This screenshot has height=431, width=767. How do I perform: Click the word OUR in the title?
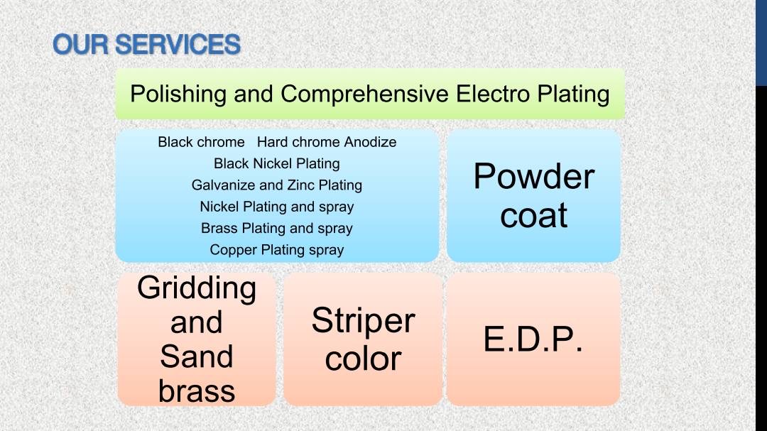(x=81, y=45)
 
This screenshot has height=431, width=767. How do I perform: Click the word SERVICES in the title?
(x=178, y=45)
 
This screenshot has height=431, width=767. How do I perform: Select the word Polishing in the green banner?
(x=178, y=94)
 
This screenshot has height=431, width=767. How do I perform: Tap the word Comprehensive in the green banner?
(x=364, y=94)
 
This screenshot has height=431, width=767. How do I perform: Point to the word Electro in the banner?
(x=493, y=94)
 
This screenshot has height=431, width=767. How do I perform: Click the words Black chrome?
(x=201, y=142)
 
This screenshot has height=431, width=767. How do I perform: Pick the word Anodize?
(x=370, y=142)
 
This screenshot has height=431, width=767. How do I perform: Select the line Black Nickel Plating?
(x=277, y=163)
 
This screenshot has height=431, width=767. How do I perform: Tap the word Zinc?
(x=301, y=185)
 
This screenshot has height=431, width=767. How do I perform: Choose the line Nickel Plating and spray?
(x=277, y=207)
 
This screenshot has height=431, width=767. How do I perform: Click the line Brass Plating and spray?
(x=277, y=228)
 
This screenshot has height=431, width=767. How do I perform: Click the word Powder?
(x=533, y=176)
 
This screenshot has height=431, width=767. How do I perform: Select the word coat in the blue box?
(x=533, y=215)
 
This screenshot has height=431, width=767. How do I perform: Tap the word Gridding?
(x=197, y=289)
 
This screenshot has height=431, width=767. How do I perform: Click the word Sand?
(x=197, y=356)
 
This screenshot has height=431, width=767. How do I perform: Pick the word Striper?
(x=364, y=322)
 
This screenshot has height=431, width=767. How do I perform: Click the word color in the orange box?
(x=364, y=359)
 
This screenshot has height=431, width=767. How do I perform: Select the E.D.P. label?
(x=533, y=339)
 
